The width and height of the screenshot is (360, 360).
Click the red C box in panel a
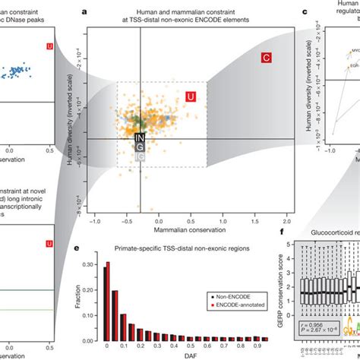click(267, 57)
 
